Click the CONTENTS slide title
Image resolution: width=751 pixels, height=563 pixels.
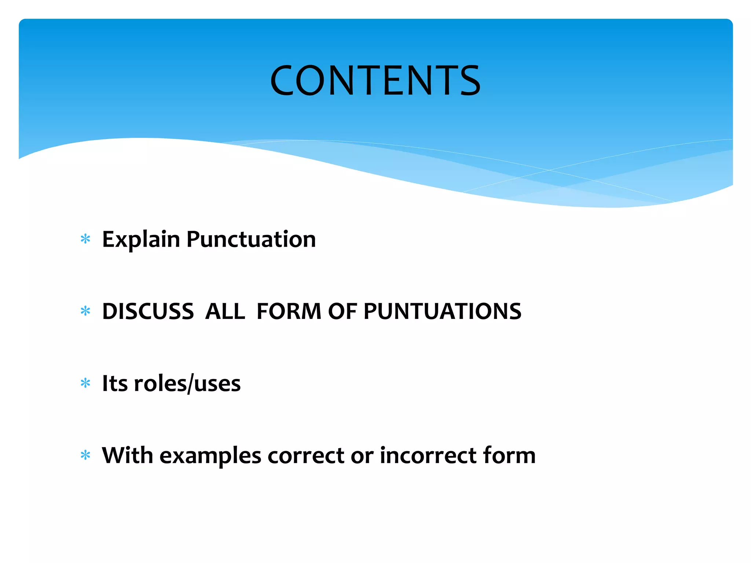375,80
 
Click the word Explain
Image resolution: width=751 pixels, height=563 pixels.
141,240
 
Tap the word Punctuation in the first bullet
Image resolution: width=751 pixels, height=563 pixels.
251,240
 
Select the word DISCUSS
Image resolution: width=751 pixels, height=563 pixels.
148,312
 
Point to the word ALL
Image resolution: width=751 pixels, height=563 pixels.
225,312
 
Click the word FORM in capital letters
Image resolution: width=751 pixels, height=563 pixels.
289,312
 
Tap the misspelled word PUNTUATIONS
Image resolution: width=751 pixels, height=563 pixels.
442,312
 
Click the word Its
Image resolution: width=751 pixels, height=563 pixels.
115,383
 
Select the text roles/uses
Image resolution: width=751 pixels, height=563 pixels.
187,383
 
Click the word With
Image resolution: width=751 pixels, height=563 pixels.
127,455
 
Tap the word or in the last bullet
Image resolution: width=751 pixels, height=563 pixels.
362,456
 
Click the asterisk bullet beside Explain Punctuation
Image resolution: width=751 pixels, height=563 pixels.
85,239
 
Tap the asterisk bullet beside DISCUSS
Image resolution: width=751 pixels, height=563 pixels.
85,311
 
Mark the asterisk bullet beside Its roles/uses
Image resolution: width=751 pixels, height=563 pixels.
85,383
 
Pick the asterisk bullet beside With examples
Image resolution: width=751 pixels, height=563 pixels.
85,455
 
